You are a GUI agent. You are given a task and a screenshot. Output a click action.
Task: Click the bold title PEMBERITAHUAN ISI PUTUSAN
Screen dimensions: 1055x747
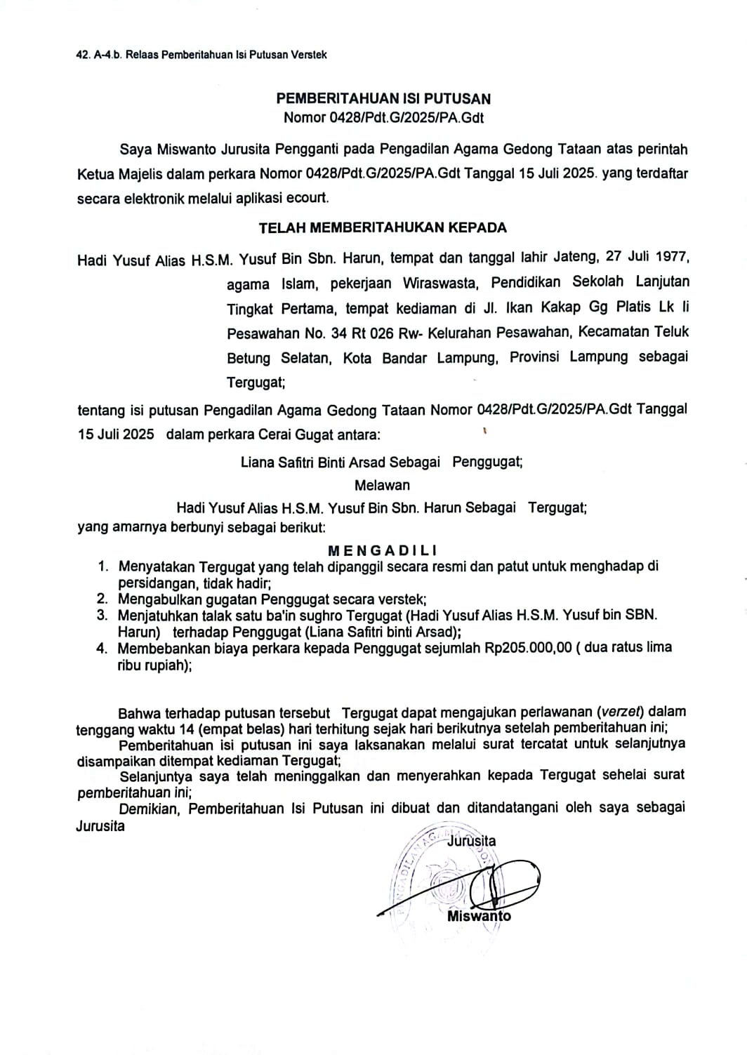point(383,99)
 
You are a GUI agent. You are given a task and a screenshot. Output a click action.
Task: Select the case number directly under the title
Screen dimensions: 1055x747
point(383,118)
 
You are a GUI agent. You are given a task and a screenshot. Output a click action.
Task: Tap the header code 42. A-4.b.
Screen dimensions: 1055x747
point(99,54)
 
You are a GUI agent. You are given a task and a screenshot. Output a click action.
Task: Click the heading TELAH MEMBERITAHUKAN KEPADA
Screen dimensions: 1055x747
point(383,227)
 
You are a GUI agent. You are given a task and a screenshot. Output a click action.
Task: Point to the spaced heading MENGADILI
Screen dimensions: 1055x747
point(383,551)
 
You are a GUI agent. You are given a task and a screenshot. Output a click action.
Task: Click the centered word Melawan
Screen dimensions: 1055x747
point(382,485)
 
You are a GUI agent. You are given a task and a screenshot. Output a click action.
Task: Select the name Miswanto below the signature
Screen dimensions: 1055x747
point(479,916)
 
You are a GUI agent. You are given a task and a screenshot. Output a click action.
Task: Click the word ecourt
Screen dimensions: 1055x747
point(307,198)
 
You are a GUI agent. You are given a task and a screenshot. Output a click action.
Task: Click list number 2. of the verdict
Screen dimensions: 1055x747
point(103,599)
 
